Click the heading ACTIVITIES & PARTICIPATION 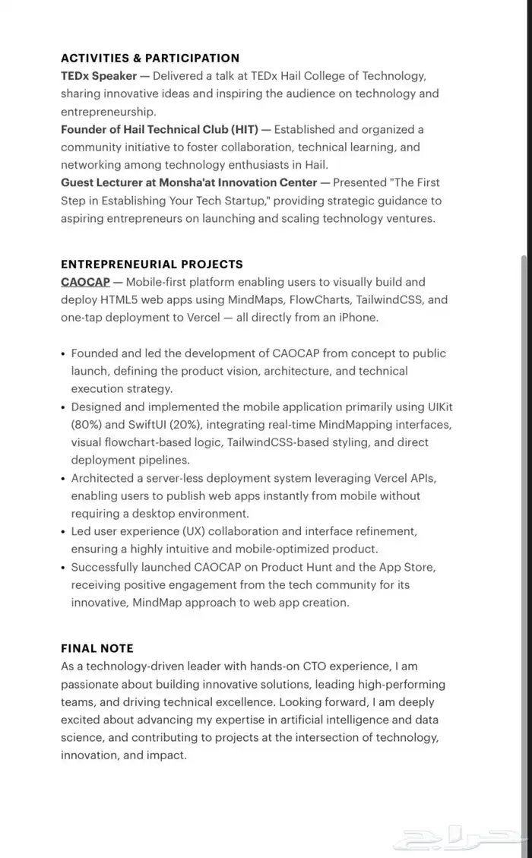[x=150, y=58]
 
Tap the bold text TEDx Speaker [x=99, y=76]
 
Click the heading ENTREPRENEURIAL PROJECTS [x=152, y=264]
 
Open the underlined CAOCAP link [x=85, y=282]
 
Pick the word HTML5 [x=121, y=299]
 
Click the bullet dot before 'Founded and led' [x=62, y=354]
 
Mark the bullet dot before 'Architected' [x=62, y=479]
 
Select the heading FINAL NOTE [x=97, y=648]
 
